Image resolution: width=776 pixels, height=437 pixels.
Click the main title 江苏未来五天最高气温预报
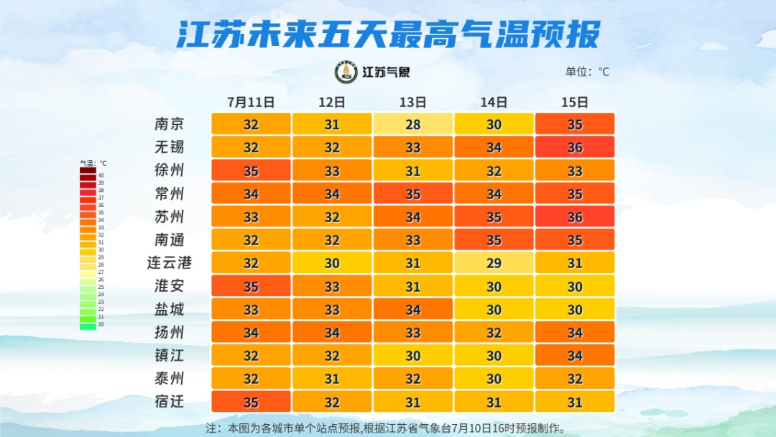point(388,34)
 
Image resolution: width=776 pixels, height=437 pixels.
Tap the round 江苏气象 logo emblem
point(346,73)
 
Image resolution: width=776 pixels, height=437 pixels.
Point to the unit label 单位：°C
point(587,72)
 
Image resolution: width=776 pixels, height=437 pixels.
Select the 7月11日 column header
point(251,102)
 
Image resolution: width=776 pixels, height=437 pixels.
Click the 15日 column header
point(575,102)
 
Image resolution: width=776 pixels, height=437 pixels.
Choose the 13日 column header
point(412,102)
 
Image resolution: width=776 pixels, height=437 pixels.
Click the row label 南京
point(170,124)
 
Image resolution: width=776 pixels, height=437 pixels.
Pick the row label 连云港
point(170,263)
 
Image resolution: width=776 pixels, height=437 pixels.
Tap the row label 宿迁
point(170,401)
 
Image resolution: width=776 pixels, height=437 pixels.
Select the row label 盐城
point(170,309)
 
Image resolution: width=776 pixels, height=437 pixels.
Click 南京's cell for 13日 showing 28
point(412,124)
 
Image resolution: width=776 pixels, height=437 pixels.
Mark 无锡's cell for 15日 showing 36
point(575,147)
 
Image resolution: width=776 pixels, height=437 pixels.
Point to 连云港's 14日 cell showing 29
point(494,263)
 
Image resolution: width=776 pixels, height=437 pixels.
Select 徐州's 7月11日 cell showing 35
point(251,170)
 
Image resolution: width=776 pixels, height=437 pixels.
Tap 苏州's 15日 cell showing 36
point(575,216)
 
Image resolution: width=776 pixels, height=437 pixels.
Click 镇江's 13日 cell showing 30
point(412,355)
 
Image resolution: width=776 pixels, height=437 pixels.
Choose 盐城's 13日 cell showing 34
point(412,309)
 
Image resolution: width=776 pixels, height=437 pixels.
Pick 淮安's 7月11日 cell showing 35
point(251,286)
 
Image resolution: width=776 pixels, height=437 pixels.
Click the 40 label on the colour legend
point(101,175)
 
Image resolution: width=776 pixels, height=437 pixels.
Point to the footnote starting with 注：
point(386,428)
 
